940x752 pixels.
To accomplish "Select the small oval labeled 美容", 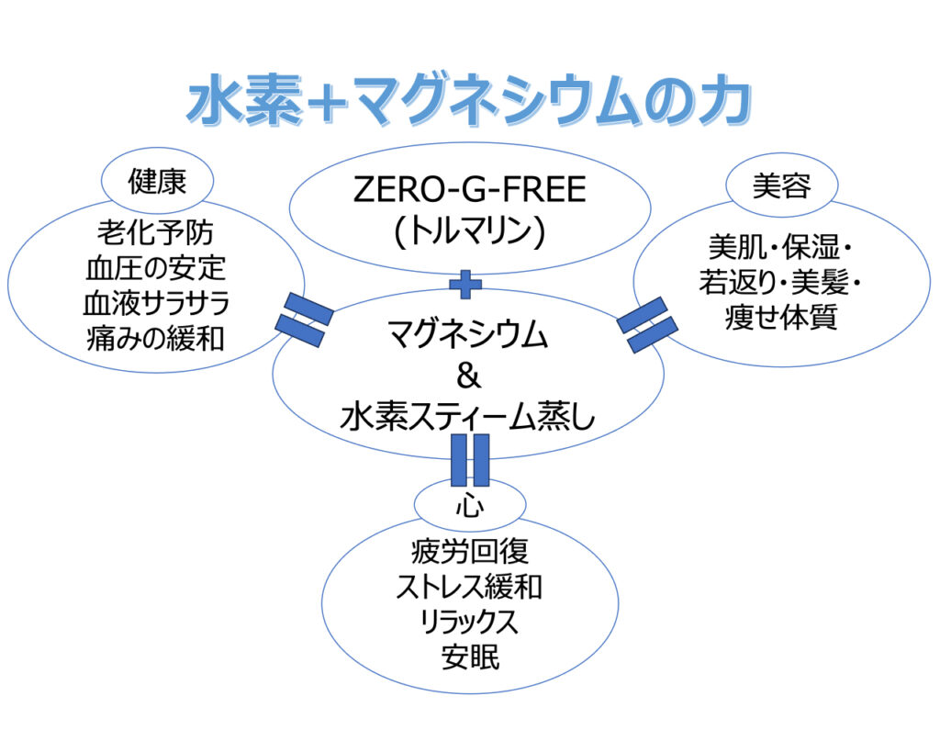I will click(x=781, y=186).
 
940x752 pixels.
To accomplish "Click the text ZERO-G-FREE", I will click(x=469, y=192).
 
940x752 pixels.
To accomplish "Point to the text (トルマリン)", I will click(x=469, y=230).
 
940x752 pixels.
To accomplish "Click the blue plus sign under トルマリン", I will click(x=465, y=285).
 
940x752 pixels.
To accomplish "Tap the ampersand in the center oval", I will click(x=467, y=377).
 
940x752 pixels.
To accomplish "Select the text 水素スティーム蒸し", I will click(x=468, y=418).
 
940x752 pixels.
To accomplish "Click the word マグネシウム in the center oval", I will click(x=468, y=336).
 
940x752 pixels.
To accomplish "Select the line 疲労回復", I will click(x=469, y=553).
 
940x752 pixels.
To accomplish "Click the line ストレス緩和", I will click(x=469, y=588).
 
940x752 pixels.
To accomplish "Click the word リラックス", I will click(x=469, y=623).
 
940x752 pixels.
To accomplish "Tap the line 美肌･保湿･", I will click(x=782, y=247).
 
